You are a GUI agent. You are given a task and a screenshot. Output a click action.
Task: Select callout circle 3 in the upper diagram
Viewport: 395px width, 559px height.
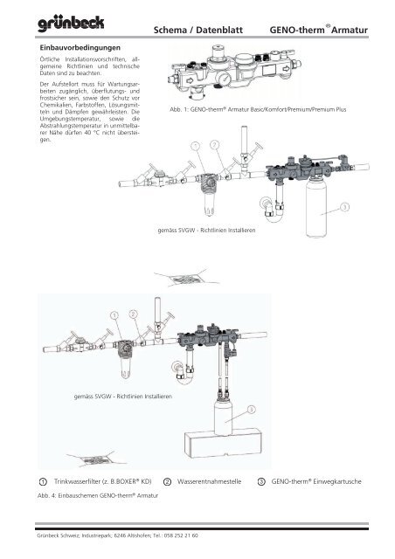345,208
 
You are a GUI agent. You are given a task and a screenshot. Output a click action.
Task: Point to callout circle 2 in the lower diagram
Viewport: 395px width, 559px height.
133,312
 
